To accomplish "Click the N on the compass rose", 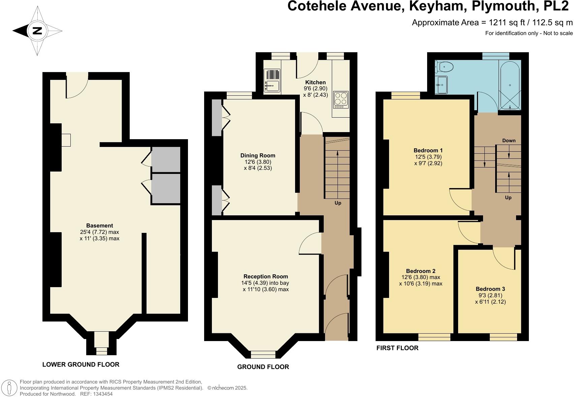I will click(x=37, y=31).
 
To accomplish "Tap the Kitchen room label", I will click(x=315, y=82).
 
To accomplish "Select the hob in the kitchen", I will click(x=341, y=100).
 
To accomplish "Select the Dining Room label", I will click(x=258, y=155).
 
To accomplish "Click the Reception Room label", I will click(x=266, y=276).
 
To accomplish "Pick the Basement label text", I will click(x=99, y=225).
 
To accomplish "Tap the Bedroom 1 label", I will click(x=428, y=150).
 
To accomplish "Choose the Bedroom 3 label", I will click(x=490, y=289).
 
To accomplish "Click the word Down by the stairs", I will click(x=509, y=141).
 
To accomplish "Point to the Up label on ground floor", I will click(x=338, y=203).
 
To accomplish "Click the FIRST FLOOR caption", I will click(x=397, y=348).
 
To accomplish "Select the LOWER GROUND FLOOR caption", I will click(x=81, y=364).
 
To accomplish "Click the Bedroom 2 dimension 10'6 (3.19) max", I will click(x=421, y=284).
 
